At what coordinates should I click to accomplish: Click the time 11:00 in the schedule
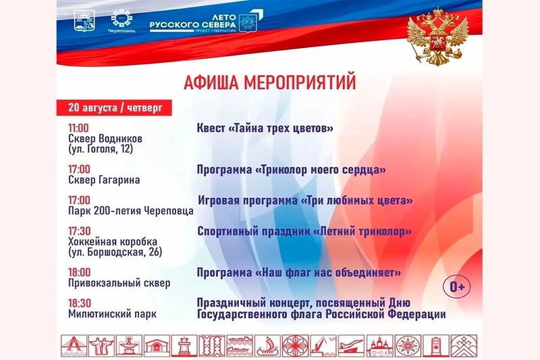pyautogui.click(x=78, y=128)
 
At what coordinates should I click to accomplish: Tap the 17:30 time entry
pyautogui.click(x=79, y=231)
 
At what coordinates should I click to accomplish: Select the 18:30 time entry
pyautogui.click(x=80, y=303)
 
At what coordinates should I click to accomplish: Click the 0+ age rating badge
pyautogui.click(x=457, y=286)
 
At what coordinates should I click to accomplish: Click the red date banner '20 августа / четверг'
pyautogui.click(x=114, y=107)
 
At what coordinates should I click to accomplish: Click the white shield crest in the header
pyautogui.click(x=84, y=21)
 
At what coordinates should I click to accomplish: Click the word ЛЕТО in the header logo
pyautogui.click(x=224, y=16)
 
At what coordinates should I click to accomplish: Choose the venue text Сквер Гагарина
pyautogui.click(x=104, y=180)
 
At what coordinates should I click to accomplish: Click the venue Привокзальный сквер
pyautogui.click(x=119, y=283)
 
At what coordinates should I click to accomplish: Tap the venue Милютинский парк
pyautogui.click(x=112, y=314)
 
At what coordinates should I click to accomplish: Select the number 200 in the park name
pyautogui.click(x=102, y=211)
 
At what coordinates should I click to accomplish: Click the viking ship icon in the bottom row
pyautogui.click(x=267, y=346)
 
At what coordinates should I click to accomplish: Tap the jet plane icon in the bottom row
pyautogui.click(x=351, y=346)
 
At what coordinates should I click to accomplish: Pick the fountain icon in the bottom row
pyautogui.click(x=129, y=346)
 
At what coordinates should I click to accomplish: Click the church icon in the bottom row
pyautogui.click(x=379, y=346)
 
